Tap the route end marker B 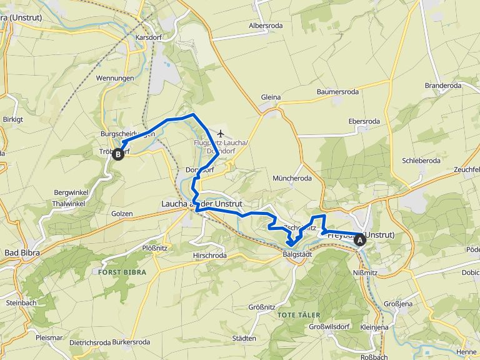[117, 154]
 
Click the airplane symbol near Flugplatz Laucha [221, 133]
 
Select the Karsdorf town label [149, 37]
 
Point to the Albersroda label [266, 26]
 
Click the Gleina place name [271, 97]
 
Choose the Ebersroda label [364, 121]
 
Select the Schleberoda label [421, 161]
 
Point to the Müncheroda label [292, 178]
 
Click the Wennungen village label [115, 78]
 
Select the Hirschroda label [210, 256]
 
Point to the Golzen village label [122, 214]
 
